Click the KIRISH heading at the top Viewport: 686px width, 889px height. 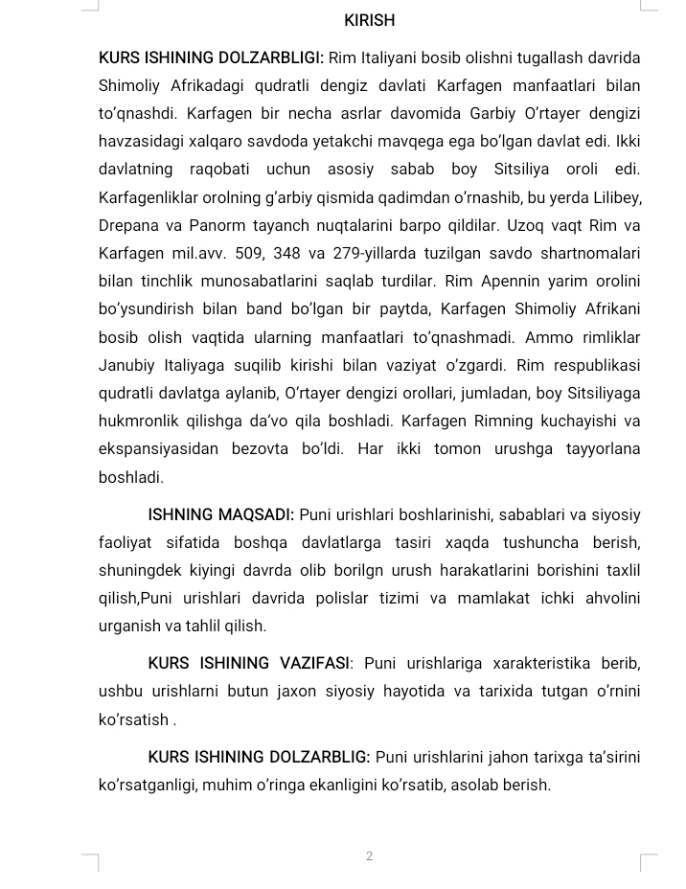(369, 20)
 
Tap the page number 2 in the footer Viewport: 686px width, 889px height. (369, 855)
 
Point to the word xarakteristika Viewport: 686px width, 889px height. (541, 663)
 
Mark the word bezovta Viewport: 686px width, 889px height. (266, 449)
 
